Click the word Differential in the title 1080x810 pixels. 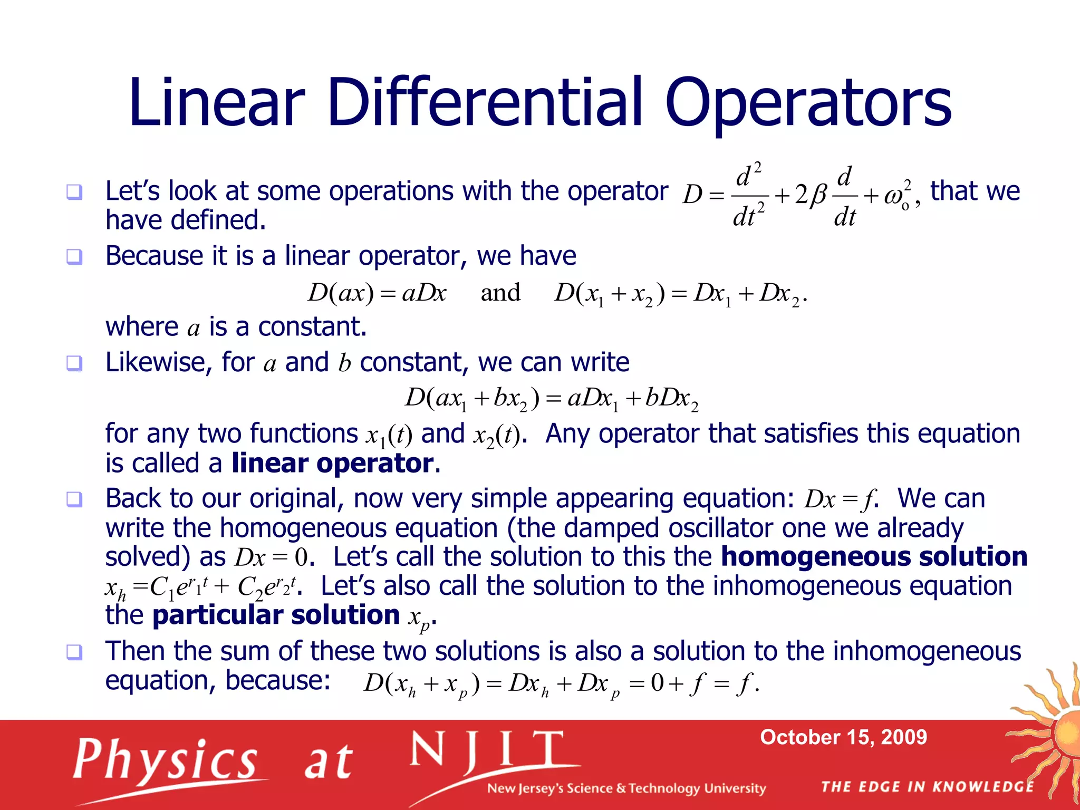pyautogui.click(x=485, y=103)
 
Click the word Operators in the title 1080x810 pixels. pyautogui.click(x=808, y=103)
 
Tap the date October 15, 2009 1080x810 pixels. pyautogui.click(x=843, y=737)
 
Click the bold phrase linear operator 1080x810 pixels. pyautogui.click(x=333, y=464)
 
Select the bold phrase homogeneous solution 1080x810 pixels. pyautogui.click(x=874, y=557)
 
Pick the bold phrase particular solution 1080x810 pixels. pyautogui.click(x=276, y=615)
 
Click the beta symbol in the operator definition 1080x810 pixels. pyautogui.click(x=818, y=196)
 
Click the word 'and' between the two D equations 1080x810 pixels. pyautogui.click(x=500, y=293)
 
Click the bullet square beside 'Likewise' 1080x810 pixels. pyautogui.click(x=74, y=363)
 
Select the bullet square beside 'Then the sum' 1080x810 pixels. pyautogui.click(x=74, y=652)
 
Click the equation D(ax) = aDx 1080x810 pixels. pyautogui.click(x=377, y=293)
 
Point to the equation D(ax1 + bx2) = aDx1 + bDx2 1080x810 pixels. pyautogui.click(x=552, y=398)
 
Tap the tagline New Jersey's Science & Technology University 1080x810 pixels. pyautogui.click(x=626, y=788)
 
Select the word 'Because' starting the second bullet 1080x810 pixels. pyautogui.click(x=153, y=256)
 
